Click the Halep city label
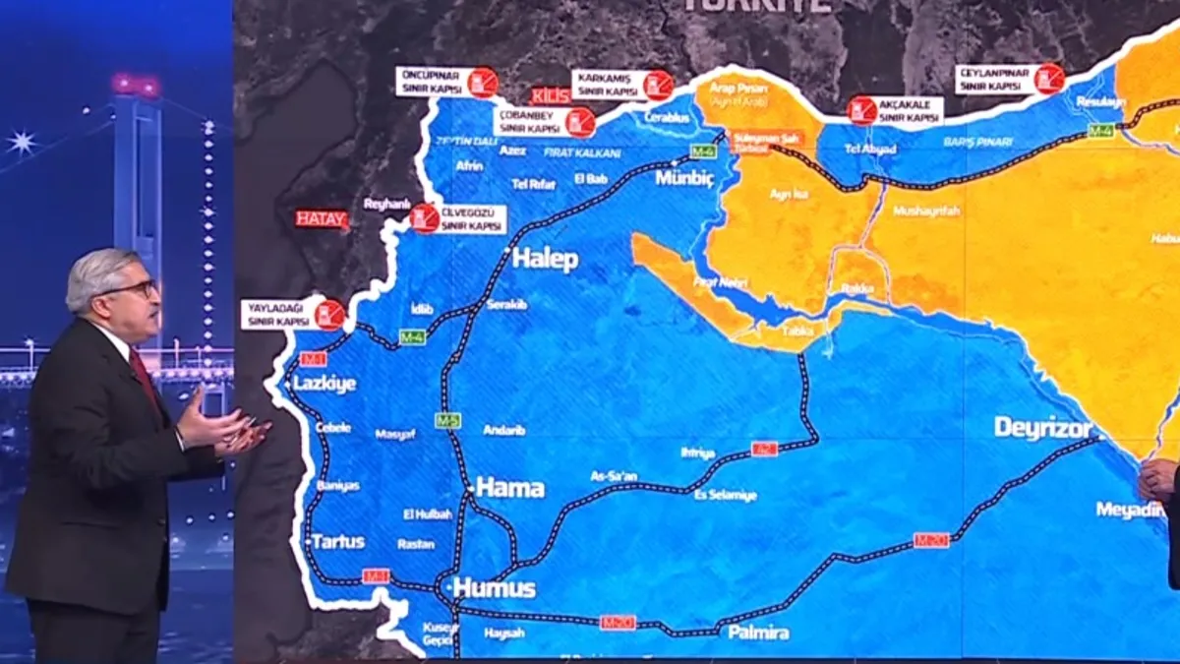(546, 260)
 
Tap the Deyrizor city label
(1043, 428)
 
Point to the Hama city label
(510, 487)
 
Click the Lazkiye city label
(324, 384)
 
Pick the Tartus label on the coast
(338, 542)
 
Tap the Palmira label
(758, 633)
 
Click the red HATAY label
(323, 219)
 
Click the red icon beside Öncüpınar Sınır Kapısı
(483, 82)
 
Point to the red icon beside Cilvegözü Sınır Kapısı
(425, 217)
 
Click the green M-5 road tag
(447, 420)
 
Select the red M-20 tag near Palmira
(618, 623)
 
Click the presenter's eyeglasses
(138, 288)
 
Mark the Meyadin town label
(1130, 510)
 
